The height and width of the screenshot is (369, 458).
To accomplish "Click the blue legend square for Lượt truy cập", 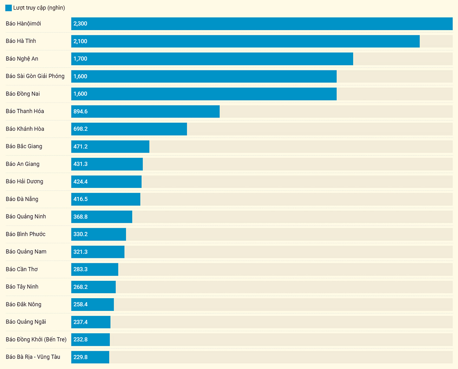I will coord(9,8).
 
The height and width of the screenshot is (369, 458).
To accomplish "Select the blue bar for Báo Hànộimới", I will coord(262,24).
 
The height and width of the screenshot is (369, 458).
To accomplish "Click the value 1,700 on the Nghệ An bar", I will coord(80,59).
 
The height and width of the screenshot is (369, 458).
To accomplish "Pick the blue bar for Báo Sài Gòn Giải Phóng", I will coord(204,76).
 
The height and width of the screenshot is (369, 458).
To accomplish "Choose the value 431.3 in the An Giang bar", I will coord(81,164).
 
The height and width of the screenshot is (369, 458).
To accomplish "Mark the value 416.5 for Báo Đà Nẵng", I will coord(81,199).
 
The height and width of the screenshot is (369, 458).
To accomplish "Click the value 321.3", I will coord(81,252).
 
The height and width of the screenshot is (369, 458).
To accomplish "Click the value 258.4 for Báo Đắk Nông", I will coord(81,305).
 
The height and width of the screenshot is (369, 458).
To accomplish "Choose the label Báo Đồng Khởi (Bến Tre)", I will coord(36,339).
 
